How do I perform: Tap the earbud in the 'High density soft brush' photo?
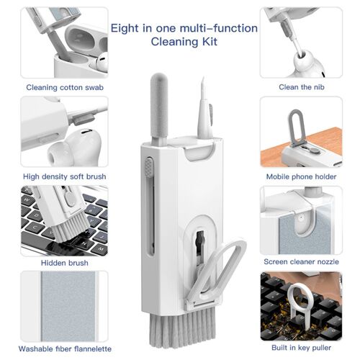(x=68, y=151)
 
